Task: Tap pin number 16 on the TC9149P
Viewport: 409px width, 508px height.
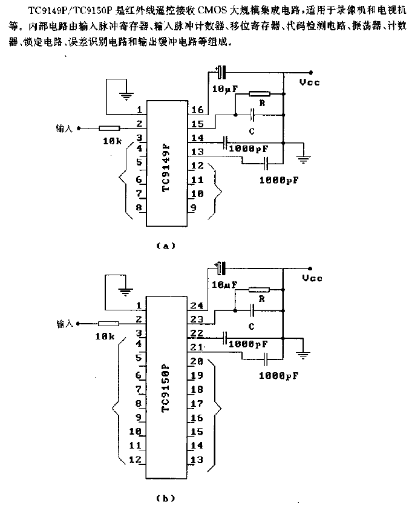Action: click(197, 110)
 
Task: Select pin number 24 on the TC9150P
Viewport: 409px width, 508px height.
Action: click(197, 305)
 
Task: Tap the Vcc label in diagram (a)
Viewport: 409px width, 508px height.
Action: click(311, 82)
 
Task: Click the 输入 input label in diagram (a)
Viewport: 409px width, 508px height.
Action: click(64, 129)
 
